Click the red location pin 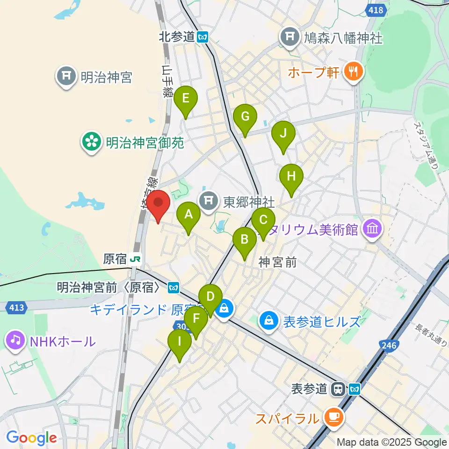[x=158, y=206]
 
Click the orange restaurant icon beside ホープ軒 [x=352, y=71]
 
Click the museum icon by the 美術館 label [x=373, y=229]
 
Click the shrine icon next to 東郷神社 [x=209, y=202]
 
